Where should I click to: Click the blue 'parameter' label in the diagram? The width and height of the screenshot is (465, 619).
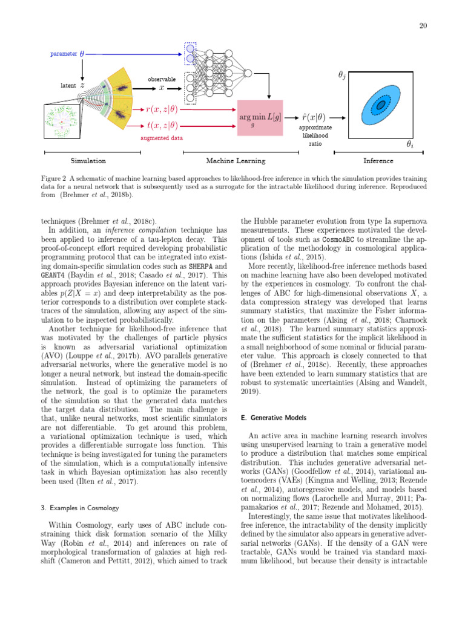64,54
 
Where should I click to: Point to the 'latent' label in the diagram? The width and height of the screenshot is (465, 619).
68,86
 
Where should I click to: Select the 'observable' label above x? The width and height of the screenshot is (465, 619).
162,79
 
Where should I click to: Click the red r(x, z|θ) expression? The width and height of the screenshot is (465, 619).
162,109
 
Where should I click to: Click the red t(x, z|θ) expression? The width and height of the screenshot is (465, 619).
162,126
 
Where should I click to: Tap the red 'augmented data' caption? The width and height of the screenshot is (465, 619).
161,138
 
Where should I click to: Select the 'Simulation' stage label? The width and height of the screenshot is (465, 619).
88,161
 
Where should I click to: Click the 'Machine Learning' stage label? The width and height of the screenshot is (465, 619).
236,161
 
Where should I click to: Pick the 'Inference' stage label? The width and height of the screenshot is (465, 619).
378,161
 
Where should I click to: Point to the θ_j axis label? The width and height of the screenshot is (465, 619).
342,76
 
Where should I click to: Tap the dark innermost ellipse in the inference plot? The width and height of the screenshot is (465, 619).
380,106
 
